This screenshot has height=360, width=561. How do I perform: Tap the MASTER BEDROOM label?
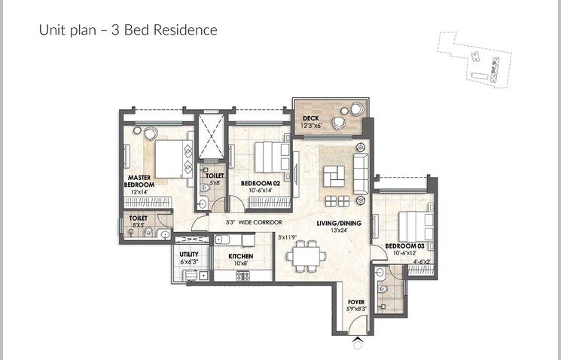pos(140,181)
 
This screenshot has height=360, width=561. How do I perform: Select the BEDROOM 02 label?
pos(260,183)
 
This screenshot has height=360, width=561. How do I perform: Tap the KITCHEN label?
pos(241,256)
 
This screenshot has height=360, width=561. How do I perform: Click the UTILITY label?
pos(189,255)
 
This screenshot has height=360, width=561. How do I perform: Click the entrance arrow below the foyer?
pos(357,343)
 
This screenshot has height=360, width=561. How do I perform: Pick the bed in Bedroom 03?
pos(415,224)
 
